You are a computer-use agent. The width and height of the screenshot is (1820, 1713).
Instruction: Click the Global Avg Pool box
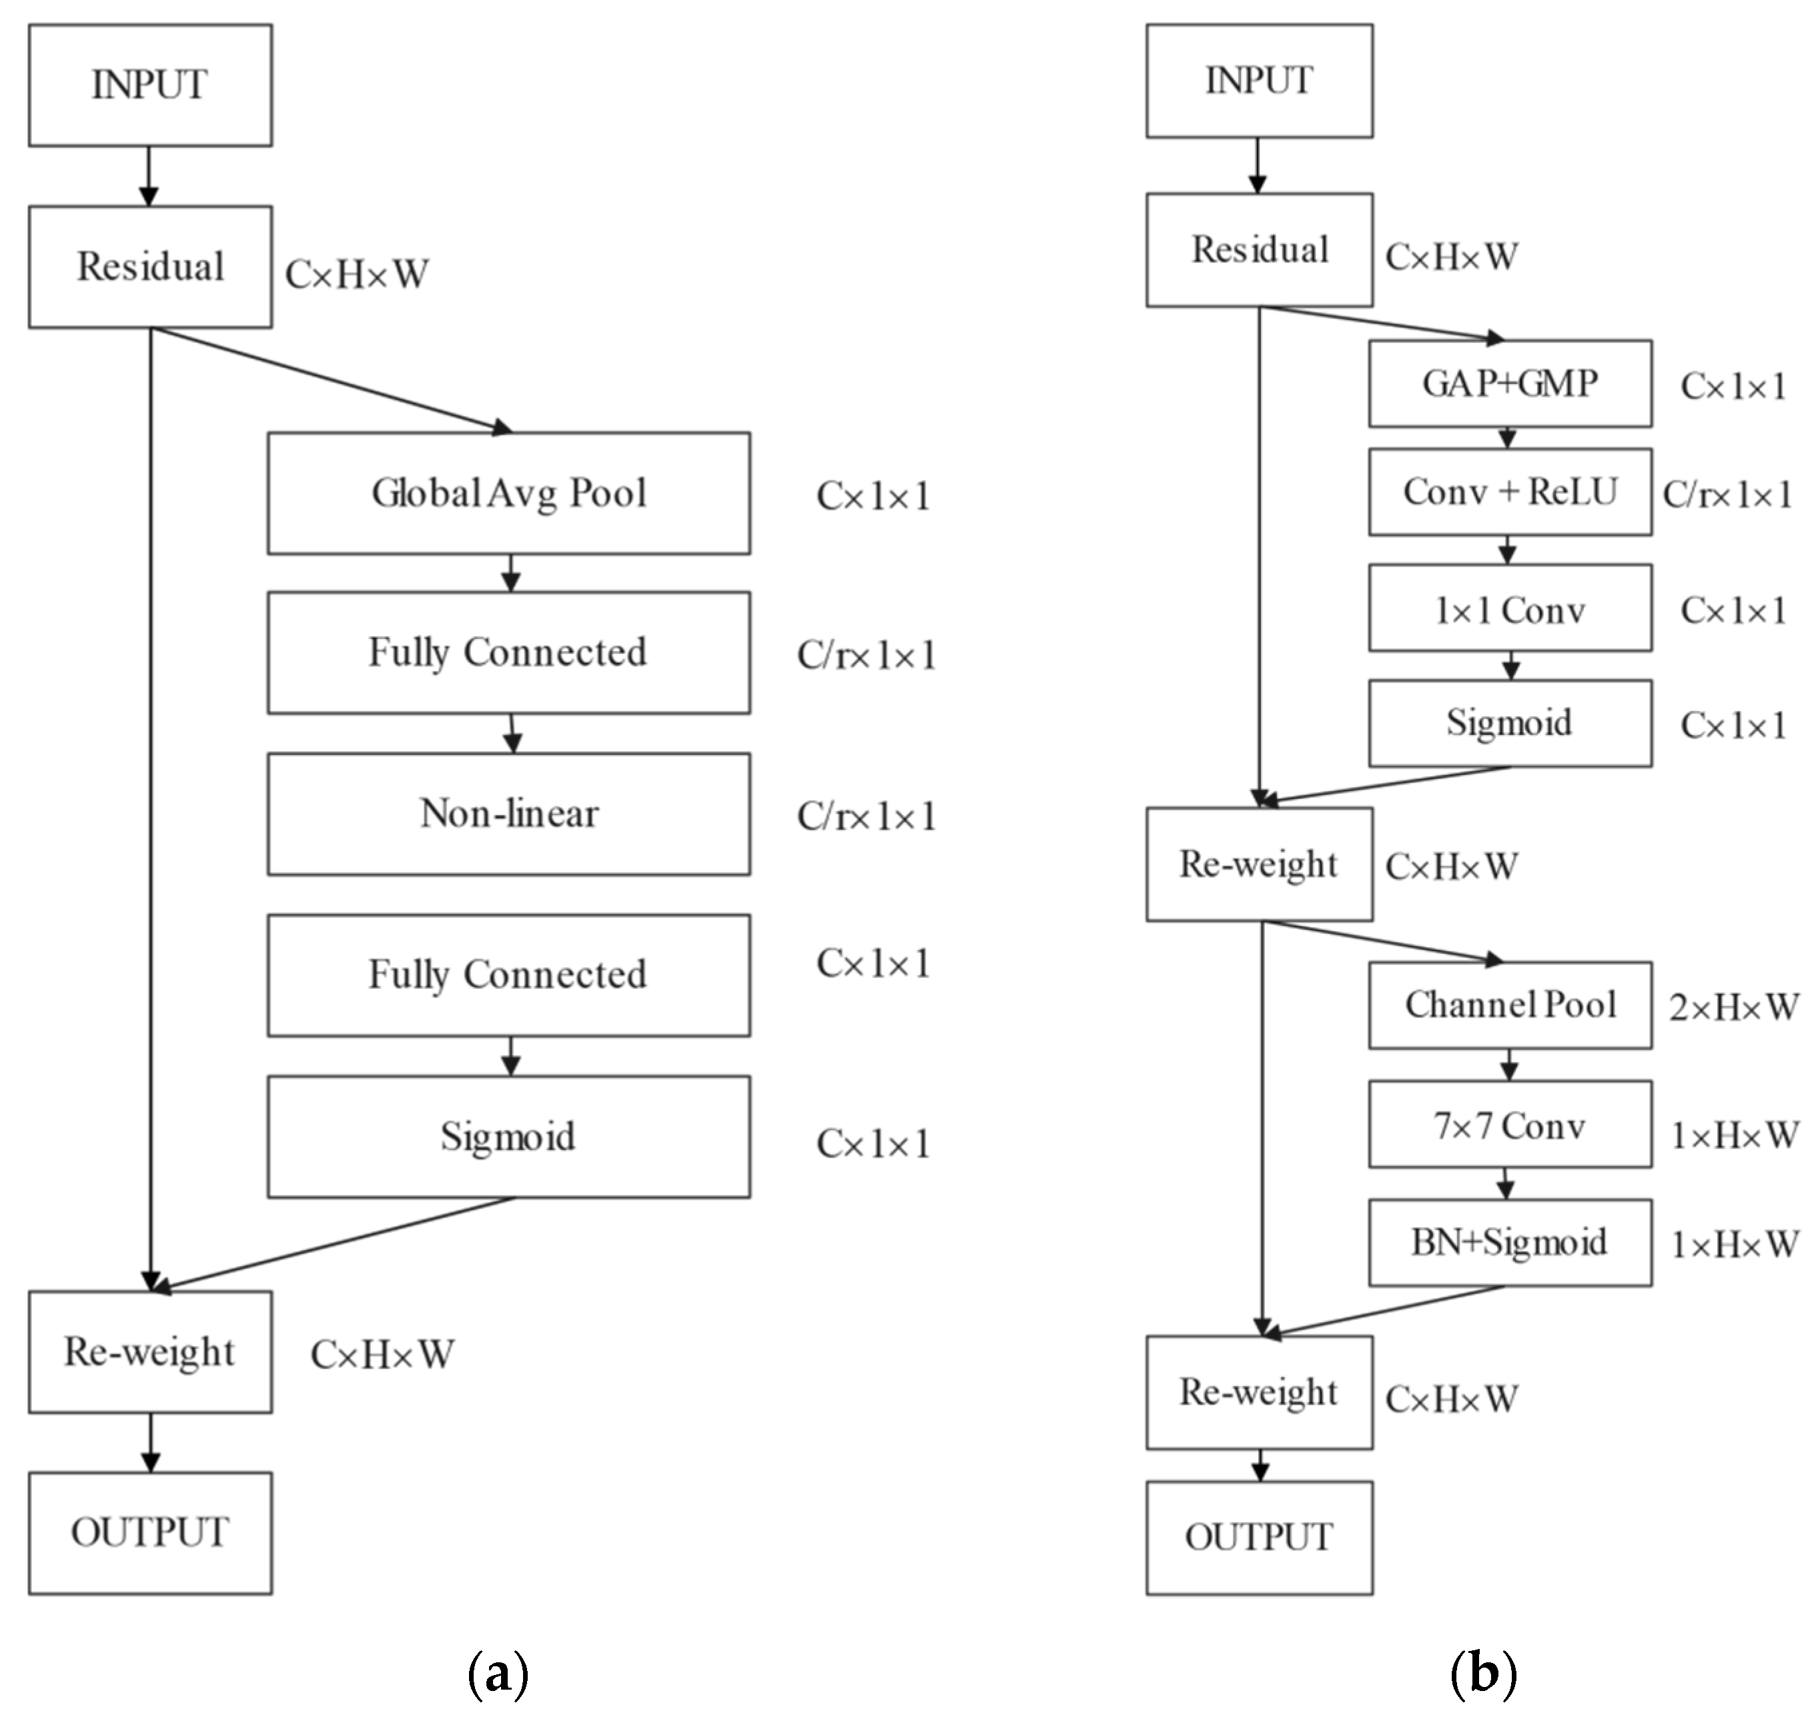coord(508,494)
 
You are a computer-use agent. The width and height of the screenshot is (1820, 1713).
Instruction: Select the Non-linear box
coord(508,814)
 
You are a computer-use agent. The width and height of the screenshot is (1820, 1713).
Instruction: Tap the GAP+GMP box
coord(1510,384)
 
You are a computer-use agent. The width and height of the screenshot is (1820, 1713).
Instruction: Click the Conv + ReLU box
coord(1510,492)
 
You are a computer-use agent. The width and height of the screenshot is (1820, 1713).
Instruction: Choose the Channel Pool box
coord(1510,1005)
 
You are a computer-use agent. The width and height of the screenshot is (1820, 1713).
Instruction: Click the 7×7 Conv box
coord(1510,1124)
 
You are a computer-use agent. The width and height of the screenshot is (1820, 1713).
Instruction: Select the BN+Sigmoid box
coord(1510,1243)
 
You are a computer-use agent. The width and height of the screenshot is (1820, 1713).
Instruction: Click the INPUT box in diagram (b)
coord(1259,81)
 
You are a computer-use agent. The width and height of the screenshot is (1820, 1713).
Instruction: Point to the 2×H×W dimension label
coord(1733,1008)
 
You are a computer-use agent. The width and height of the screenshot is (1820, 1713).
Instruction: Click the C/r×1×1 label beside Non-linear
coord(866,816)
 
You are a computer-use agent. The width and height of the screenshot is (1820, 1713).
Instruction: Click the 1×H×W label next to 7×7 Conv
coord(1733,1136)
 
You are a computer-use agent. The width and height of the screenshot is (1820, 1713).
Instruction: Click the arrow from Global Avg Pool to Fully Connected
coord(511,573)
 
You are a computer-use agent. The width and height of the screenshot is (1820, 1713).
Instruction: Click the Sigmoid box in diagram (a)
coord(508,1136)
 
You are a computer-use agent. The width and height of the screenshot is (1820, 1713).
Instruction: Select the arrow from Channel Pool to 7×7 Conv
coord(1508,1065)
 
